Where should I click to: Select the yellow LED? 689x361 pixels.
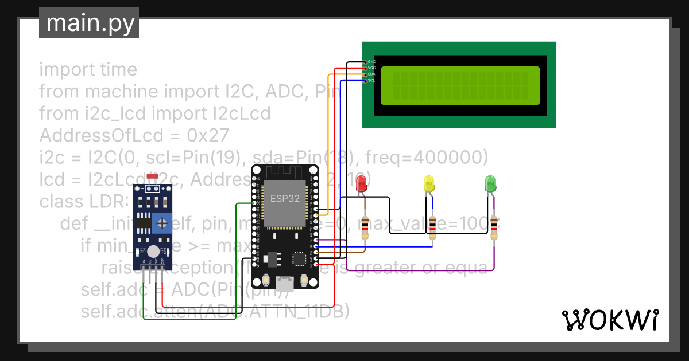(428, 184)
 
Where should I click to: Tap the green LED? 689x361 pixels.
(490, 184)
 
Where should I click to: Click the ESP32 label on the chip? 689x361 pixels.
(281, 199)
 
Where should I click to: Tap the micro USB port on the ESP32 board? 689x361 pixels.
(285, 283)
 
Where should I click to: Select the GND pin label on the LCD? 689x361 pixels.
(371, 61)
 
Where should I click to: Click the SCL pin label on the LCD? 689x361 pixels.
(371, 81)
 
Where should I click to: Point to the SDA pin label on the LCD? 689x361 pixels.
(371, 74)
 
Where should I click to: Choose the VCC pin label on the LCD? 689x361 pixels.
(371, 68)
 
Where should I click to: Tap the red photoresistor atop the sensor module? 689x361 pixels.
(152, 177)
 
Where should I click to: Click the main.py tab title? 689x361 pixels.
(89, 23)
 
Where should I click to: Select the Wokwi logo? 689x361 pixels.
(610, 320)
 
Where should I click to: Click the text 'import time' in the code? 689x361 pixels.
(88, 70)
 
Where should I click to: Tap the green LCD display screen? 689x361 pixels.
(460, 85)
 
